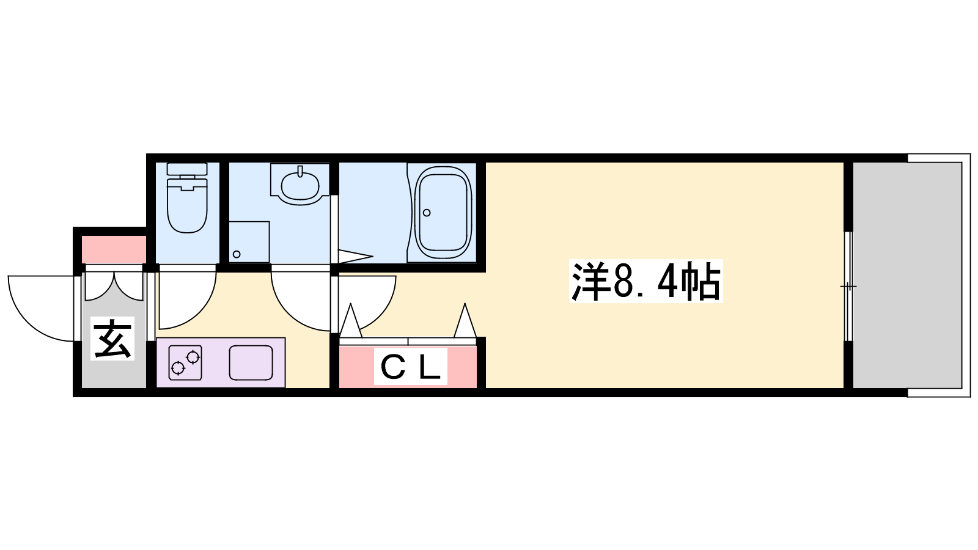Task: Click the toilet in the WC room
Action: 187,198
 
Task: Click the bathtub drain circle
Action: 427,213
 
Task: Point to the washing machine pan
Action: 249,242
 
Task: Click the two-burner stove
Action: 185,362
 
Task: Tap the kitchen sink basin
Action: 251,362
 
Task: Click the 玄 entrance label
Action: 112,339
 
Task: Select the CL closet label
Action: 410,366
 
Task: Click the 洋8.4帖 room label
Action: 645,281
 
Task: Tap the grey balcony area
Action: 907,275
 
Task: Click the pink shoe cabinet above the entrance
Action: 114,249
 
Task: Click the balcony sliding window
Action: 848,287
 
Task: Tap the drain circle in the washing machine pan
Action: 237,254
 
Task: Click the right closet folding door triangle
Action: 465,321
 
